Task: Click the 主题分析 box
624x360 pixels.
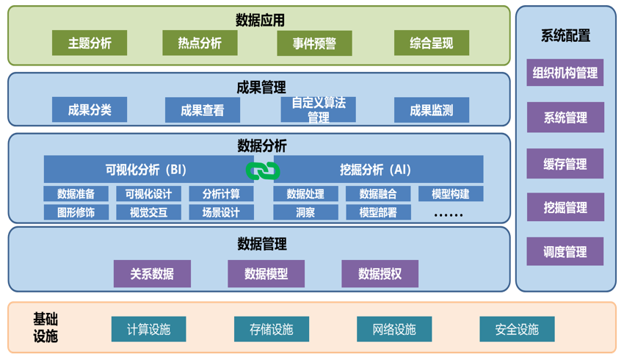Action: [x=90, y=43]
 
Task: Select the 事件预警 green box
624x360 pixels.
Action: [x=314, y=43]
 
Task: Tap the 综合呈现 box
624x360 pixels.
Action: [x=431, y=43]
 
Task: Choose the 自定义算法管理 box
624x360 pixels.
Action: [x=318, y=110]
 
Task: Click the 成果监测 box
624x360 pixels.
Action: [x=431, y=110]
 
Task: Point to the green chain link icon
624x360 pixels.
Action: [x=263, y=170]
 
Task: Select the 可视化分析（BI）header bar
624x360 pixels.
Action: [x=147, y=170]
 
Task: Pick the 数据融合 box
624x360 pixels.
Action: [x=378, y=194]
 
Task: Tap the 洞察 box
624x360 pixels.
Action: [x=305, y=212]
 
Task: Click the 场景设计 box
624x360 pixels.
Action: [x=221, y=212]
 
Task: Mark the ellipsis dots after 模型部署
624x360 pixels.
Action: [x=449, y=214]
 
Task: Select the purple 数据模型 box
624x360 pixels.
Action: [x=266, y=274]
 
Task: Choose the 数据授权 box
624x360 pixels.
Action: [x=380, y=274]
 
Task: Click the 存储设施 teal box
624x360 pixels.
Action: [x=271, y=329]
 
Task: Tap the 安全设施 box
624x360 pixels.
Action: [x=516, y=329]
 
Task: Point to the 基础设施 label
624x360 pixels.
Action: [x=46, y=328]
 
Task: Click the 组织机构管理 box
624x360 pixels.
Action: [x=565, y=73]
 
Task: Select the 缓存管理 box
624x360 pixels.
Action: [x=565, y=164]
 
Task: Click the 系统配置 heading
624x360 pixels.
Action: [x=565, y=35]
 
